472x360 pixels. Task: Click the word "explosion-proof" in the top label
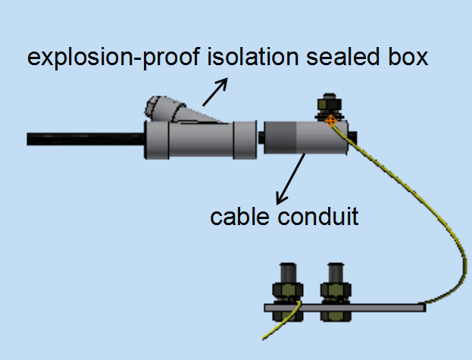click(114, 58)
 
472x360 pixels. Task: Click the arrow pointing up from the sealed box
click(214, 92)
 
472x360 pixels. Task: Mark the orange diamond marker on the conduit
click(330, 119)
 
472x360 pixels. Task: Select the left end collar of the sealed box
click(155, 140)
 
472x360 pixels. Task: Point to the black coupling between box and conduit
click(261, 139)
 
